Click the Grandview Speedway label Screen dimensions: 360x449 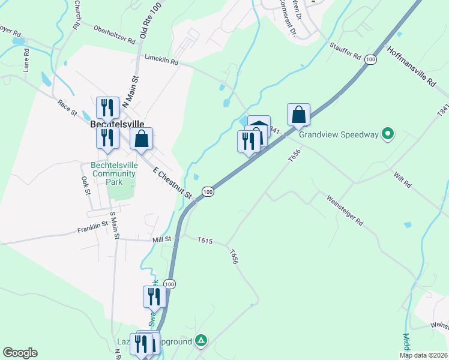pyautogui.click(x=339, y=134)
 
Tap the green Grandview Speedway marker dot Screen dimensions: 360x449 pyautogui.click(x=388, y=134)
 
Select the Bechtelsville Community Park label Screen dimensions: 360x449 pyautogui.click(x=115, y=173)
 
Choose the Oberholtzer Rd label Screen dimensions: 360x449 pyautogui.click(x=115, y=34)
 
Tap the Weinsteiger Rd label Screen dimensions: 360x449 pyautogui.click(x=345, y=209)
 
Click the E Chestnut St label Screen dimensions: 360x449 pyautogui.click(x=172, y=183)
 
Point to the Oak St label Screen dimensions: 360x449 pyautogui.click(x=85, y=185)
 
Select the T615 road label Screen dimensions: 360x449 pyautogui.click(x=205, y=240)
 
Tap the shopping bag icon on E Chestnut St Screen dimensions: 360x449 pyautogui.click(x=141, y=139)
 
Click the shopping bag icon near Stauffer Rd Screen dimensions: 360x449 pyautogui.click(x=298, y=114)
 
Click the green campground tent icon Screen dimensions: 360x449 pyautogui.click(x=202, y=341)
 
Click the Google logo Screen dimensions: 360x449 pyautogui.click(x=20, y=353)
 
